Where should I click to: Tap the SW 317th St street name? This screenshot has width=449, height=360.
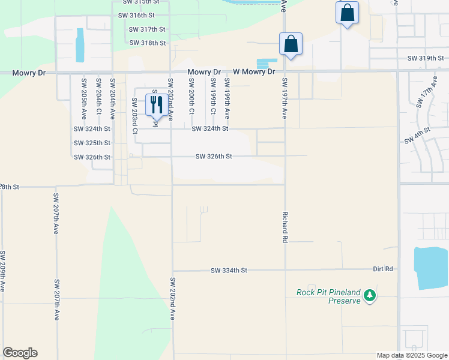pyautogui.click(x=147, y=29)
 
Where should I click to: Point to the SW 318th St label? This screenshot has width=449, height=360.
pyautogui.click(x=147, y=43)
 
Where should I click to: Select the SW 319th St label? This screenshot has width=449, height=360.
pyautogui.click(x=425, y=58)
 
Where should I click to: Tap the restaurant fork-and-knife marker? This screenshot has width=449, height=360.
pyautogui.click(x=156, y=104)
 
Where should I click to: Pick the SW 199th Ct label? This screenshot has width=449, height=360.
pyautogui.click(x=213, y=96)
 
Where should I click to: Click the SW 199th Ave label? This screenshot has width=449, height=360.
pyautogui.click(x=227, y=97)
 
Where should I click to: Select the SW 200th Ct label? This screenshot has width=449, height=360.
pyautogui.click(x=191, y=96)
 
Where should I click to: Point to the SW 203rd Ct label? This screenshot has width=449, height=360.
pyautogui.click(x=135, y=116)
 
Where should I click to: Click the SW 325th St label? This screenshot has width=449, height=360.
pyautogui.click(x=92, y=143)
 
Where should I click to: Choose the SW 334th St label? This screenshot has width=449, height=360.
pyautogui.click(x=229, y=271)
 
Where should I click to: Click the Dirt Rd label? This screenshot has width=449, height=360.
pyautogui.click(x=382, y=269)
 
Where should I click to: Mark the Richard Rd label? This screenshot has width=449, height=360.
pyautogui.click(x=285, y=226)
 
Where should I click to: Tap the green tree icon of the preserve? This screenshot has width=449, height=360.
pyautogui.click(x=370, y=295)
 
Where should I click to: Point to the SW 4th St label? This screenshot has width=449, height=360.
pyautogui.click(x=417, y=135)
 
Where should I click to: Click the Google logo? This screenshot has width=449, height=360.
pyautogui.click(x=20, y=353)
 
